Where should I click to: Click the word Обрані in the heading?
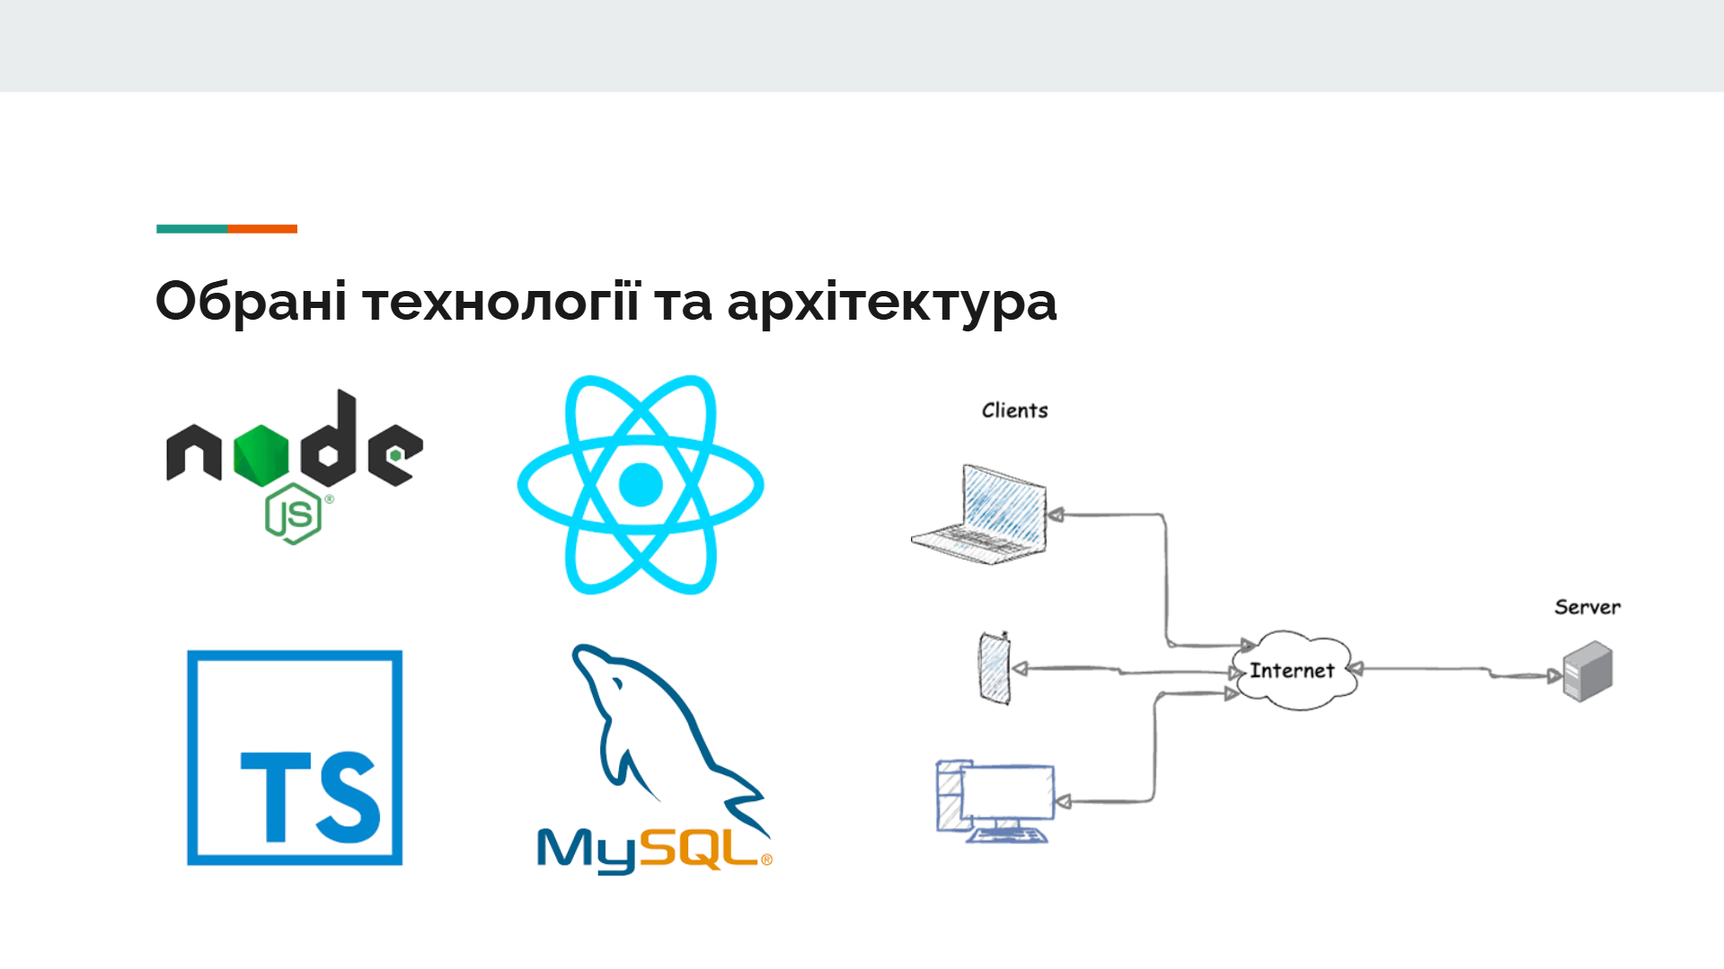(x=251, y=302)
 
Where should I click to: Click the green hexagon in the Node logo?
(x=261, y=454)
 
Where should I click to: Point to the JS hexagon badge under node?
(x=293, y=514)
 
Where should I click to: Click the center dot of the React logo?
(x=641, y=485)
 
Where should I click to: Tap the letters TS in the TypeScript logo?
(x=310, y=797)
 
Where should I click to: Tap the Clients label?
(x=1015, y=410)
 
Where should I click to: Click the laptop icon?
(x=979, y=515)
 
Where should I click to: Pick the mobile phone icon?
(x=994, y=668)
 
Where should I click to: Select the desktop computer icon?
(x=995, y=800)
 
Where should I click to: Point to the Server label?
(x=1587, y=607)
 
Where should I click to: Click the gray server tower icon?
(x=1588, y=671)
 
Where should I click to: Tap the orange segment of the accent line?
(x=262, y=229)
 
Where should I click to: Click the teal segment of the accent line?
(x=192, y=229)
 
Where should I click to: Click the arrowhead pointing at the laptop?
(x=1056, y=515)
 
